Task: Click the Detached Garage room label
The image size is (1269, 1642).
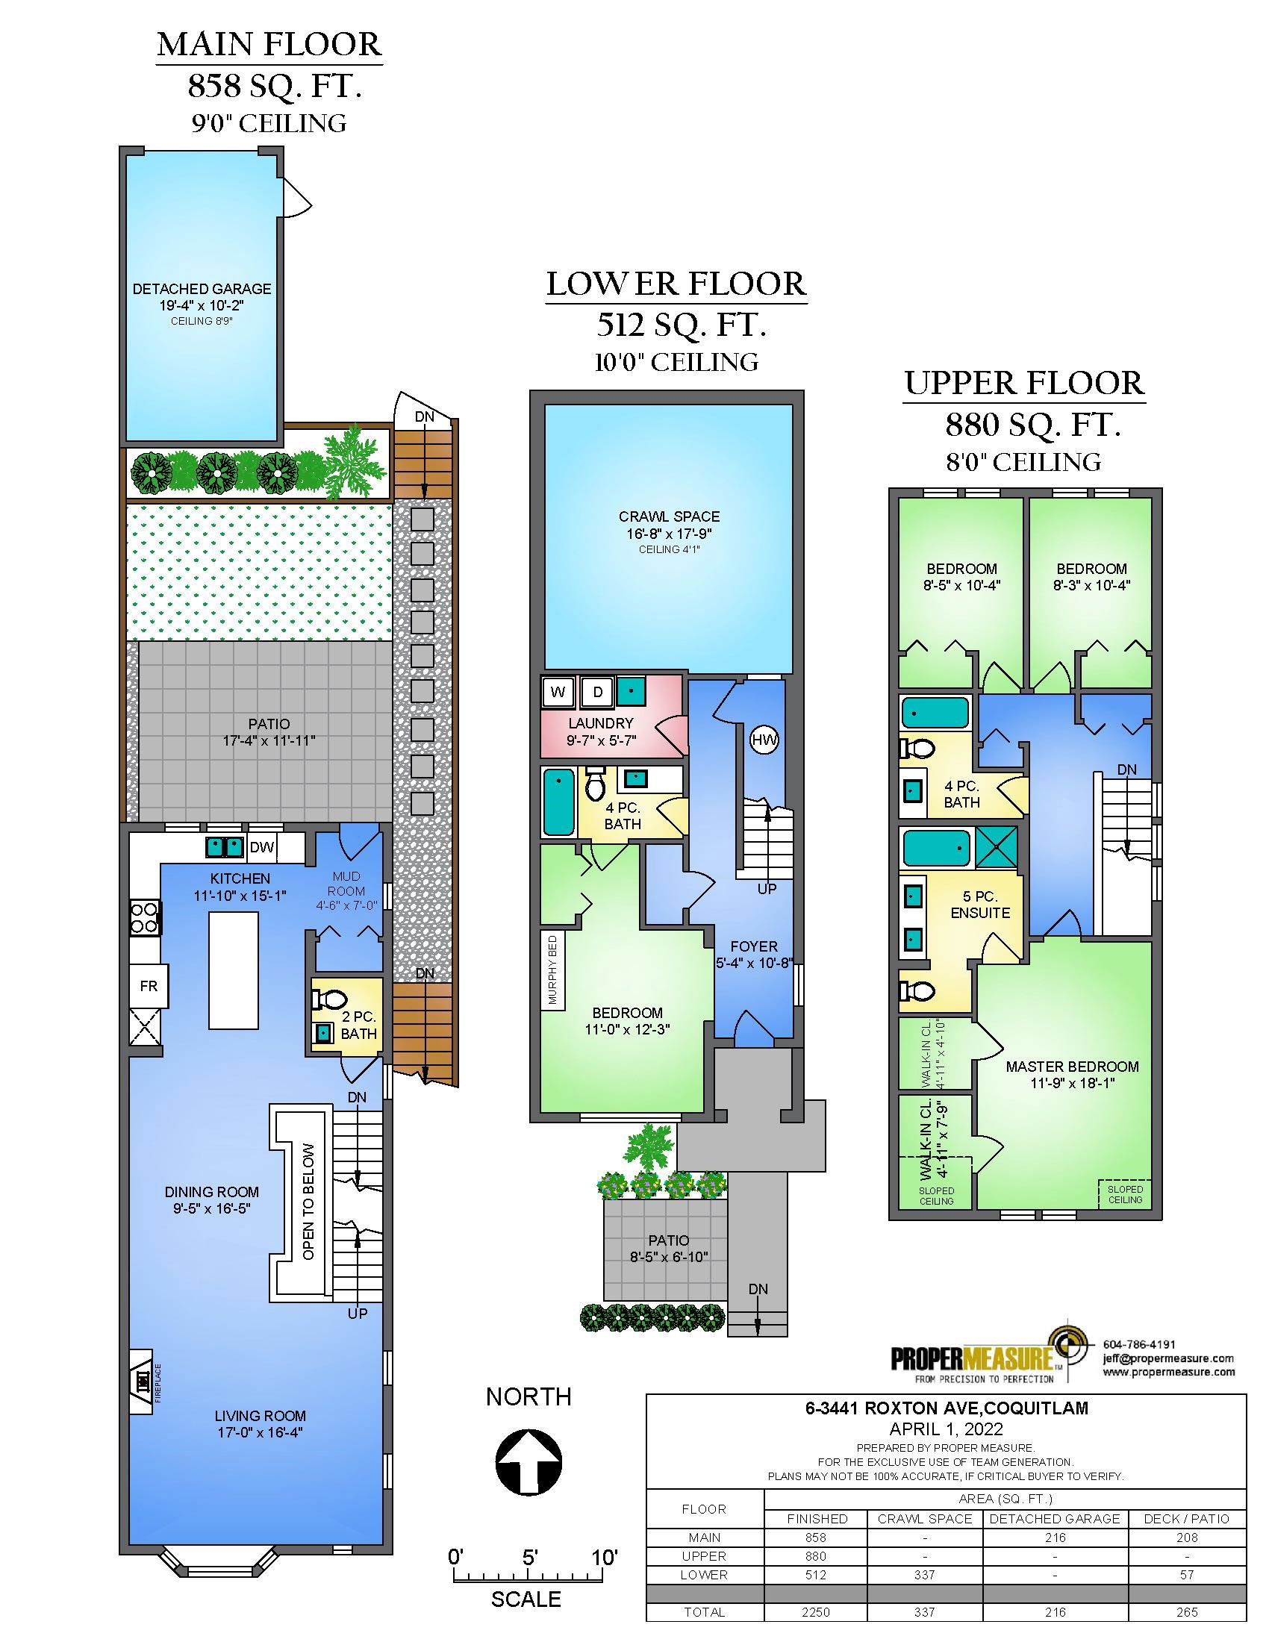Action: [x=202, y=289]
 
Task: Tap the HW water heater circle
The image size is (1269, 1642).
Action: [x=764, y=740]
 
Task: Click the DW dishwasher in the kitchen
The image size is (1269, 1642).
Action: [x=262, y=847]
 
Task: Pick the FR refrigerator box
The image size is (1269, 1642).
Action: [x=149, y=985]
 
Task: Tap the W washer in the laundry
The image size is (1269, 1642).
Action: [x=558, y=692]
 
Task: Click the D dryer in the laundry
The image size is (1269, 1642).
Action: [x=598, y=692]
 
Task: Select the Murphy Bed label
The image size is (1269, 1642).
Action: [x=552, y=970]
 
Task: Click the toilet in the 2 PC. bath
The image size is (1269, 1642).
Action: [x=328, y=999]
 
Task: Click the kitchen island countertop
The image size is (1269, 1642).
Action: [x=234, y=970]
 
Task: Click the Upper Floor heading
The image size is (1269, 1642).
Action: [x=1024, y=384]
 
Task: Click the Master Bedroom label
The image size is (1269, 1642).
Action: [x=1072, y=1067]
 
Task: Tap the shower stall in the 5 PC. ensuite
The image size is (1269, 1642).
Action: [x=997, y=847]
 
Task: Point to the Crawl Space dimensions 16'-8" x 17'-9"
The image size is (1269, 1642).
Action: [x=669, y=534]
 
